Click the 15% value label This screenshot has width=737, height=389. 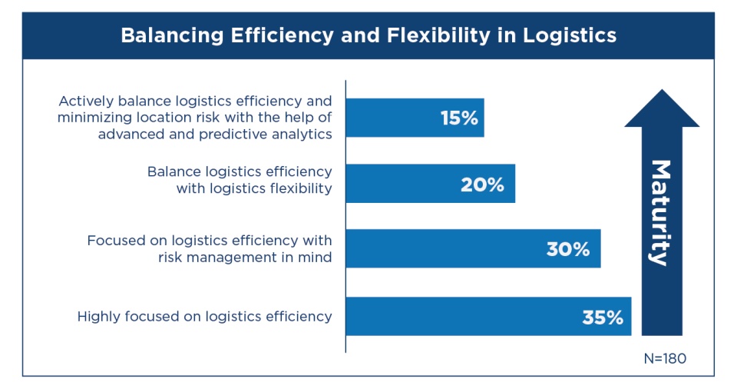(459, 118)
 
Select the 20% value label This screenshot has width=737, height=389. (482, 184)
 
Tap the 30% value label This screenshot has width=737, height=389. (567, 249)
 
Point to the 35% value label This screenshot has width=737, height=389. (602, 317)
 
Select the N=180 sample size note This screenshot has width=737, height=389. (664, 358)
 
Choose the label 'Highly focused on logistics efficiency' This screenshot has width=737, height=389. (204, 316)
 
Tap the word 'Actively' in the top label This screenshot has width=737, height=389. (84, 101)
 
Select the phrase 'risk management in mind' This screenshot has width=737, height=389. (245, 258)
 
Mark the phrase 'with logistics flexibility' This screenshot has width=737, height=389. (254, 188)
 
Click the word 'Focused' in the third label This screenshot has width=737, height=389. (114, 241)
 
